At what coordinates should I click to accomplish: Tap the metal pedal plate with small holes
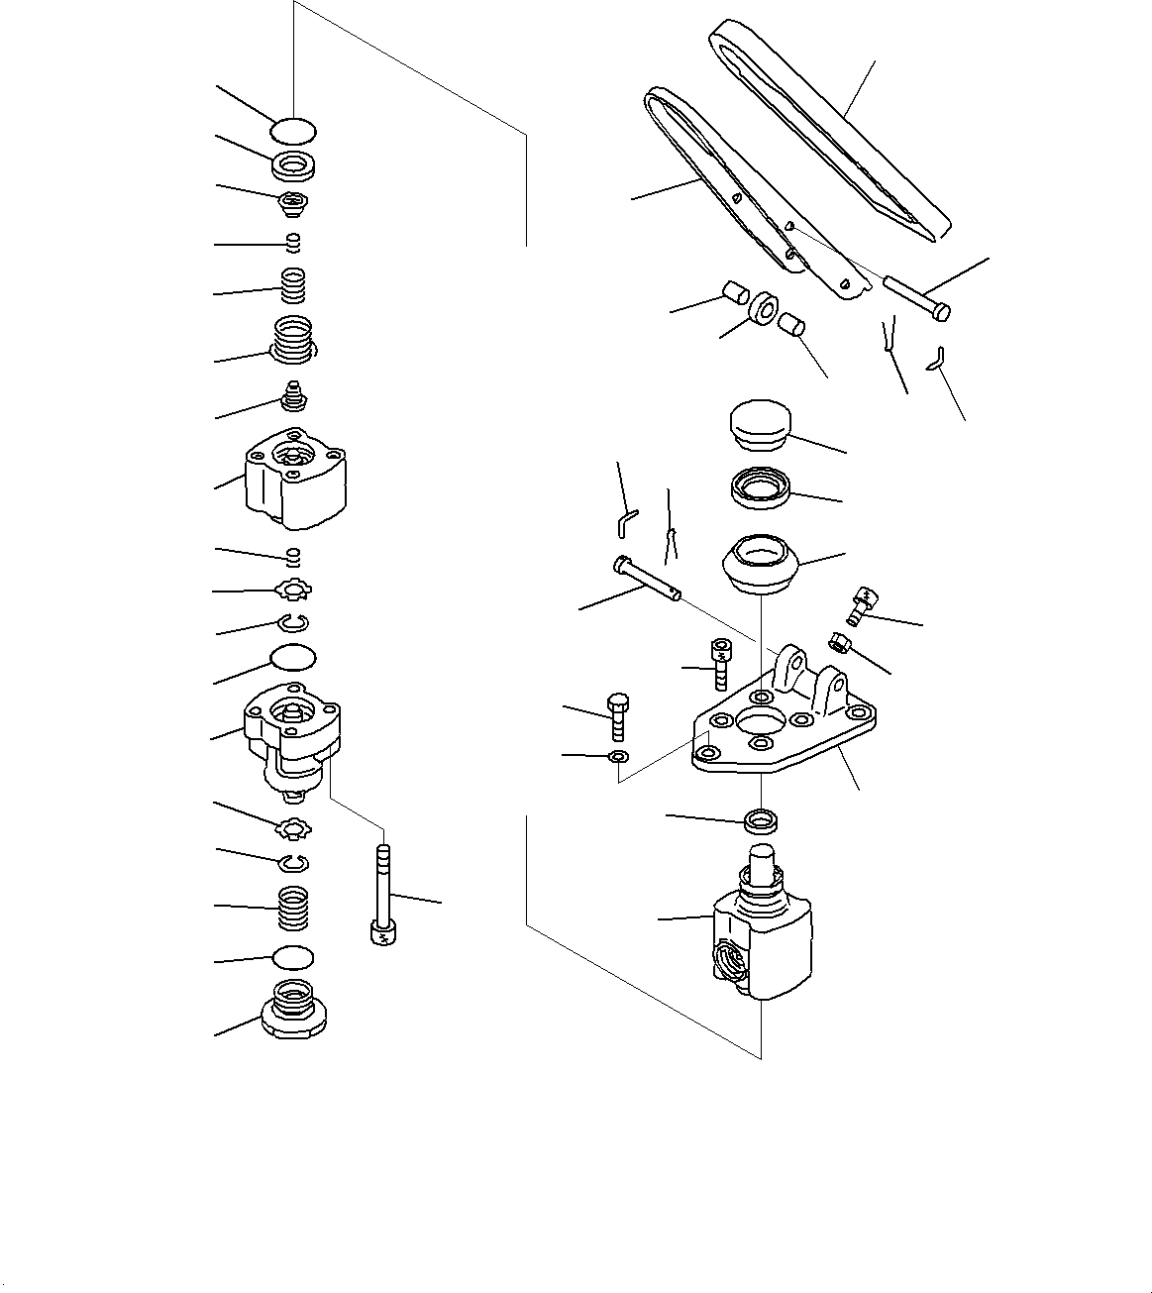pyautogui.click(x=738, y=193)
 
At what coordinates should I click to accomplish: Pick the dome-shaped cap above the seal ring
pyautogui.click(x=760, y=424)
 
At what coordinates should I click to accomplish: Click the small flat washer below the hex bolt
pyautogui.click(x=617, y=758)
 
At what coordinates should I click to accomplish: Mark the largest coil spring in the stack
pyautogui.click(x=293, y=339)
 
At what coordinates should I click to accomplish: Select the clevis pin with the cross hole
pyautogui.click(x=644, y=578)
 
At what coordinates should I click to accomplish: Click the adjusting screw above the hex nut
pyautogui.click(x=862, y=603)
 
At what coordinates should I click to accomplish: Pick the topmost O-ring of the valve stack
pyautogui.click(x=293, y=130)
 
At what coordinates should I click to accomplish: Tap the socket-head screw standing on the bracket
pyautogui.click(x=720, y=663)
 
